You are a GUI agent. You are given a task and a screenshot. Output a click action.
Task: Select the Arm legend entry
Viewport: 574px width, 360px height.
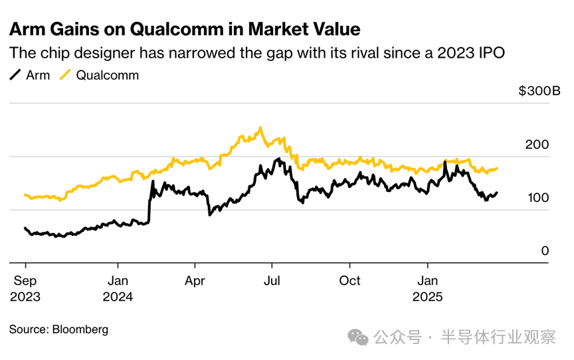point(31,75)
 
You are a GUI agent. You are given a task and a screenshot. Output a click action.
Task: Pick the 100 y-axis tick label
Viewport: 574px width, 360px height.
point(539,198)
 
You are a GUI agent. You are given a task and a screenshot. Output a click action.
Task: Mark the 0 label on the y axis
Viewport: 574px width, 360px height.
point(545,251)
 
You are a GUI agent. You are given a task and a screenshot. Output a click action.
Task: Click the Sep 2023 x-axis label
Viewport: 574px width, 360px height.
point(25,288)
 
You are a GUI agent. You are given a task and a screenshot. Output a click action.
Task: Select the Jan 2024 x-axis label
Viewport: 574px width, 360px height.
point(118,288)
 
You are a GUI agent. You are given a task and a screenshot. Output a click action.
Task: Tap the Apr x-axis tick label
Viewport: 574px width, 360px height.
point(195,280)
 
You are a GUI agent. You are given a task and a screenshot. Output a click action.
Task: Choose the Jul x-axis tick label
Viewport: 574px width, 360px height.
point(271,280)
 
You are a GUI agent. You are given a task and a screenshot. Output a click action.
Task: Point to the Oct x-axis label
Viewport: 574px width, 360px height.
point(349,280)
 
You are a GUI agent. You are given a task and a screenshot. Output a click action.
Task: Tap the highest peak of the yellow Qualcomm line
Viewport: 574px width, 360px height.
point(260,128)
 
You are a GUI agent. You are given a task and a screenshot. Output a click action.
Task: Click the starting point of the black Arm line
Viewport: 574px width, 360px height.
point(25,228)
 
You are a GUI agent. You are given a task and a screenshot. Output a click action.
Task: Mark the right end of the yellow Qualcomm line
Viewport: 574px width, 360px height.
point(497,168)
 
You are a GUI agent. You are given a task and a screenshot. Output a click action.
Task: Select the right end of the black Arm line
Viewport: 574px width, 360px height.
point(497,193)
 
